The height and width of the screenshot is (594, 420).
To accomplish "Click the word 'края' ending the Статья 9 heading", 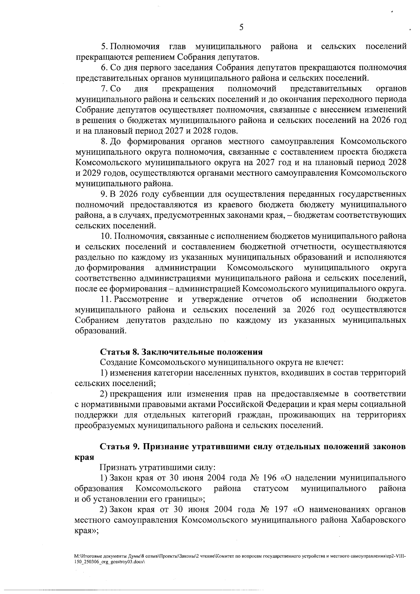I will pos(82,457).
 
